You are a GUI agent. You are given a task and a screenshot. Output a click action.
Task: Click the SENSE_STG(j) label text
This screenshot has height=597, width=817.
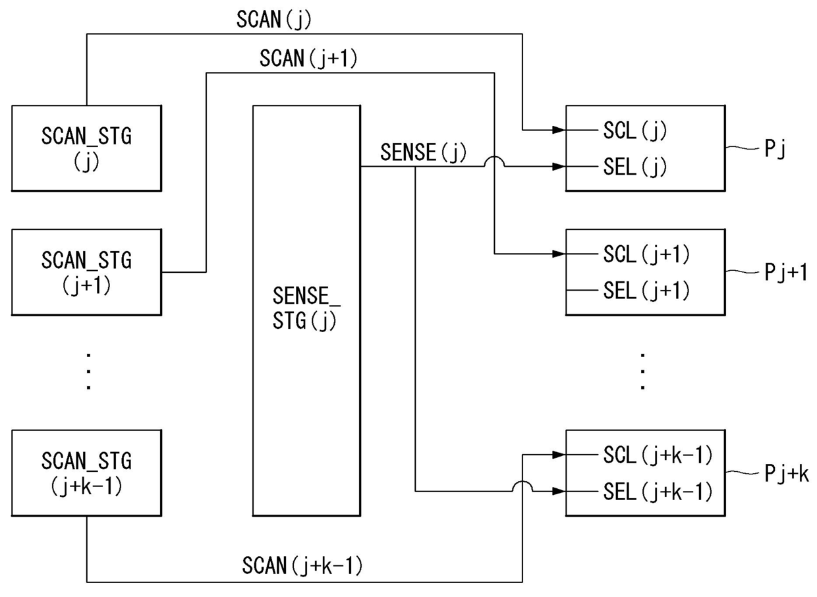(306, 308)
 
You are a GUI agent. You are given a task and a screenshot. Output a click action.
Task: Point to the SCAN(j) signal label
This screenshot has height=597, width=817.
(274, 20)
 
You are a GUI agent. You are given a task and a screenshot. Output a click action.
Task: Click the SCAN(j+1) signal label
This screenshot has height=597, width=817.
(308, 59)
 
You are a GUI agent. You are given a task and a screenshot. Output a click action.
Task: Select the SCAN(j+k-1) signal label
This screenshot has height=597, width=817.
(302, 565)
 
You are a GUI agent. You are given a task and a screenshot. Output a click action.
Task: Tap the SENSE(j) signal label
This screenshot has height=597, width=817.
(423, 152)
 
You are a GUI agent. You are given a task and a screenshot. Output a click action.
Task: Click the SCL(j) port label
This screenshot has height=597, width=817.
(635, 130)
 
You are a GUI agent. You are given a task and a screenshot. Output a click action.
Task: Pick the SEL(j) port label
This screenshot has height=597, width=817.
(635, 167)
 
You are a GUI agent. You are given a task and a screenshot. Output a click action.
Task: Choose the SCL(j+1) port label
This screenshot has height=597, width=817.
(646, 254)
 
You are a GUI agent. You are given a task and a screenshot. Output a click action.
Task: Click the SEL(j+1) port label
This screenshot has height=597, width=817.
(646, 291)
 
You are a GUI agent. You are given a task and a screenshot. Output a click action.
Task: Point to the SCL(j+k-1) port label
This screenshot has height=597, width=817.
(658, 455)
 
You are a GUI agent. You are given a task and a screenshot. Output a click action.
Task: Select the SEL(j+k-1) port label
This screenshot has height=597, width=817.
(658, 492)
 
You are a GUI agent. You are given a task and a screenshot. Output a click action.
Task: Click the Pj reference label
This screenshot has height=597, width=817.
(775, 149)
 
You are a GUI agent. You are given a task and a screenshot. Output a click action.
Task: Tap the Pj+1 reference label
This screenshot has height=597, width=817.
(786, 272)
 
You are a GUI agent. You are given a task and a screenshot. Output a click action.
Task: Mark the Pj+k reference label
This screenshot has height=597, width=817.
(787, 473)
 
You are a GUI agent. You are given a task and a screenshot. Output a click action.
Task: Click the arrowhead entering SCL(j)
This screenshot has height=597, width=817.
(559, 130)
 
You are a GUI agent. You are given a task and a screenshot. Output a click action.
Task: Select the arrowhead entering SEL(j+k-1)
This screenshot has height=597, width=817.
(559, 491)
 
